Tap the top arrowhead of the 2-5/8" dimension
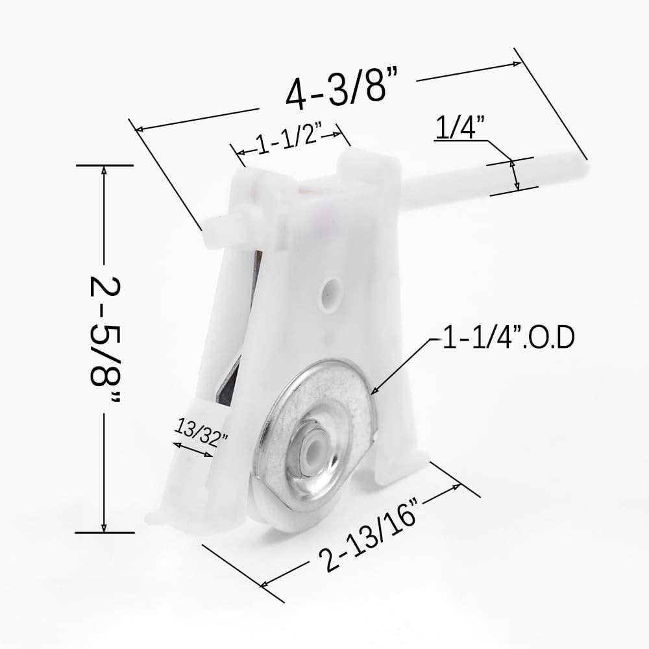pos(104,170)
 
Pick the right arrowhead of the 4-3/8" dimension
pos(518,64)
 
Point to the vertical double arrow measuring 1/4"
pos(515,175)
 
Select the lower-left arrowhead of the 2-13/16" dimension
pos(264,585)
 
